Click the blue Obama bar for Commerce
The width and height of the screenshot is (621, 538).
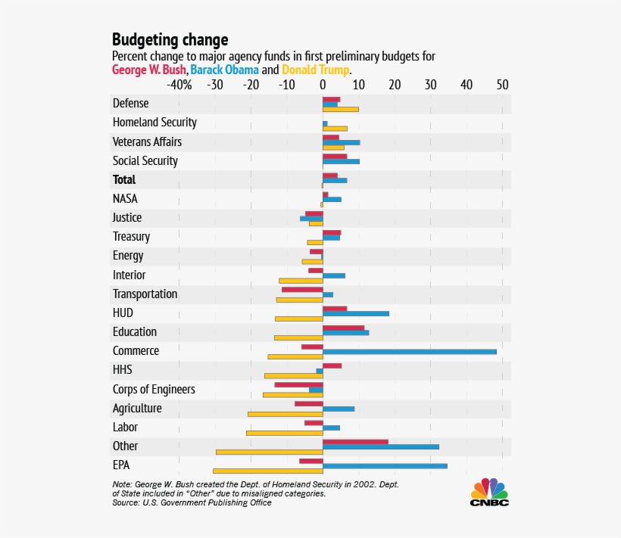409,351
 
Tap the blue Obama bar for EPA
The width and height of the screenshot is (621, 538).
385,465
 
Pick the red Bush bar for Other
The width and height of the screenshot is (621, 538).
355,441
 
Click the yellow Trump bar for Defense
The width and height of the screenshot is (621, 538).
340,110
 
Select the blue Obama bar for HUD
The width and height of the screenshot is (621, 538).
356,313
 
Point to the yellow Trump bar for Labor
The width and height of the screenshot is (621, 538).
284,433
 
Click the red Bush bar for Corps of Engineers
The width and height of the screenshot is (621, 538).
298,384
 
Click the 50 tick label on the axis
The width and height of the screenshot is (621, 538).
502,85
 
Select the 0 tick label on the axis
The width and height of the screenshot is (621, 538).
323,85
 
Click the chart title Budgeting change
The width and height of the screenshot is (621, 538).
170,39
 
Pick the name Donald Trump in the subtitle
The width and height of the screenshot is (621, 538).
315,70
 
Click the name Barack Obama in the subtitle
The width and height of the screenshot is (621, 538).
225,70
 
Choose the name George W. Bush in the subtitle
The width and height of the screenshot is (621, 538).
149,70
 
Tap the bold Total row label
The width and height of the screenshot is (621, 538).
124,180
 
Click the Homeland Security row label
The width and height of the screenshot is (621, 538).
154,123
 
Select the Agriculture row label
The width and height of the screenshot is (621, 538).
137,409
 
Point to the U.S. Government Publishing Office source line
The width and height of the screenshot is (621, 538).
192,502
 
